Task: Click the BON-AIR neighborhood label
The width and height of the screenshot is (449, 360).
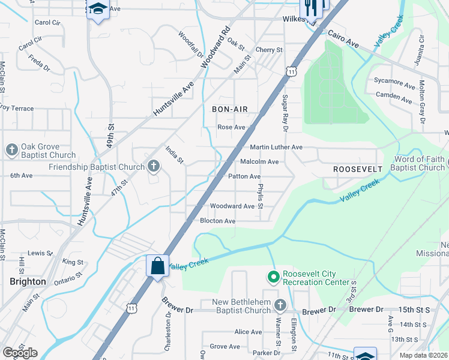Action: pyautogui.click(x=230, y=109)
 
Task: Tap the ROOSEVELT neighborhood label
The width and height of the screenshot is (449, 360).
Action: pyautogui.click(x=358, y=170)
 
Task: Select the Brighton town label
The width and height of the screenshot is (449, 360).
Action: pyautogui.click(x=28, y=281)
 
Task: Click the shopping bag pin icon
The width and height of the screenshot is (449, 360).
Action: pyautogui.click(x=157, y=265)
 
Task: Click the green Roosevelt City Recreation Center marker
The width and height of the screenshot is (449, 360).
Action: pyautogui.click(x=274, y=277)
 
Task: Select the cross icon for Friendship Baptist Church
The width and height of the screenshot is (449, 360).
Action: pyautogui.click(x=154, y=166)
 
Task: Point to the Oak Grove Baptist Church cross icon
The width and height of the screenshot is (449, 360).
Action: pyautogui.click(x=11, y=150)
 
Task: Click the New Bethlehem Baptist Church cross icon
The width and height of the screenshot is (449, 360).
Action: pyautogui.click(x=279, y=305)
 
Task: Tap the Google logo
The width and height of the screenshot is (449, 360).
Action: pyautogui.click(x=20, y=353)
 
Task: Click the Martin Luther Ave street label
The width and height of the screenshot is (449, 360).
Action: pyautogui.click(x=276, y=147)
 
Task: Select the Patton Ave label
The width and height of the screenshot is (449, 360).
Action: pyautogui.click(x=244, y=176)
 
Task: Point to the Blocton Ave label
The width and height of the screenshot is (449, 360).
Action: pyautogui.click(x=217, y=221)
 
